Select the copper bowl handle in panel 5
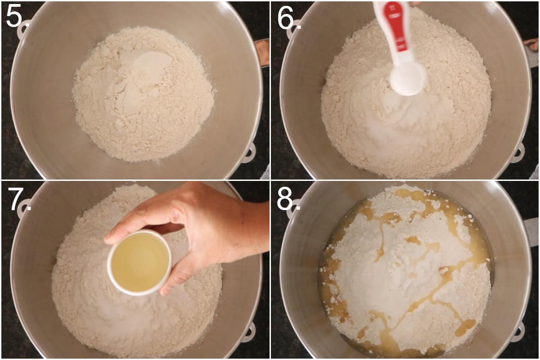coord(262,52)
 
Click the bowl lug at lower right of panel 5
coord(248,153)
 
